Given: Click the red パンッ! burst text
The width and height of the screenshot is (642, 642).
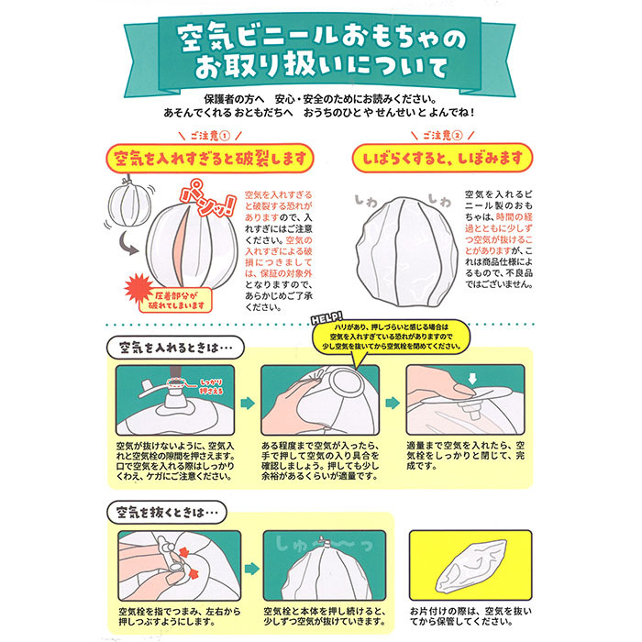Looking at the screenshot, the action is tap(208, 199).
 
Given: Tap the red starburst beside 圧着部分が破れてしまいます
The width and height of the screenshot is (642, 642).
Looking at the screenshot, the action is tap(138, 289).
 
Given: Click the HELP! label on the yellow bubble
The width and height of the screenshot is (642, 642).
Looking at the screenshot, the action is tap(327, 318).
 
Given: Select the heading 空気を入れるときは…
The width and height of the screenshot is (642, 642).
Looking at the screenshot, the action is tap(175, 348).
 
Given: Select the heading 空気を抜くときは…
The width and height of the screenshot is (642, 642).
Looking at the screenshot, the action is tap(167, 512).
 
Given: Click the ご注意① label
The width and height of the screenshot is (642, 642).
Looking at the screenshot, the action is tap(210, 136).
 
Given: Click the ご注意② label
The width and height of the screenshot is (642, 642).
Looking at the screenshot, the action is tap(443, 136).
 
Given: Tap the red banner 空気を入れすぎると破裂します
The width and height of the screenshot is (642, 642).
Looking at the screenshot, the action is tap(210, 158).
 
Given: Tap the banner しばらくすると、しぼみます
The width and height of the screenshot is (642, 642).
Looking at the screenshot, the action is tap(443, 158).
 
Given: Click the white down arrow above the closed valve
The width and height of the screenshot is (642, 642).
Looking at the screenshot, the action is tap(472, 378).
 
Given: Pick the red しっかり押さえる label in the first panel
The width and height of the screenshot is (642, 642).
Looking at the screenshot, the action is tap(211, 386).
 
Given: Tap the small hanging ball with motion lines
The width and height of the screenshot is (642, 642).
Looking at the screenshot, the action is tap(127, 204).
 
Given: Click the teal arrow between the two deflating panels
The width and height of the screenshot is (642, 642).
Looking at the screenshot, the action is tap(252, 569).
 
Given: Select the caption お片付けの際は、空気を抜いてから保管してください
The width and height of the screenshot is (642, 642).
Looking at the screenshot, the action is tap(470, 616).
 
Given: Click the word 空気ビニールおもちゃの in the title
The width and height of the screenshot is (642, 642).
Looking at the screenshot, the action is tap(322, 39).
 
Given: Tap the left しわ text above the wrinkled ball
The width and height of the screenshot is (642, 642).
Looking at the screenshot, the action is tap(366, 200).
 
